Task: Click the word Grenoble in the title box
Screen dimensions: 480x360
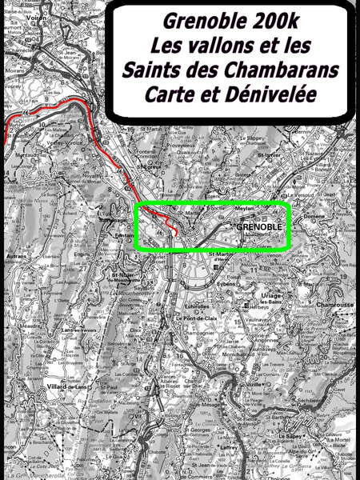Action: [x=198, y=21]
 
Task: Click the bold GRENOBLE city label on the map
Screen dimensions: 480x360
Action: [x=259, y=226]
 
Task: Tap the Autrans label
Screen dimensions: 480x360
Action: [x=16, y=255]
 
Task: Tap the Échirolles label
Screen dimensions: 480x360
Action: [x=197, y=306]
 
